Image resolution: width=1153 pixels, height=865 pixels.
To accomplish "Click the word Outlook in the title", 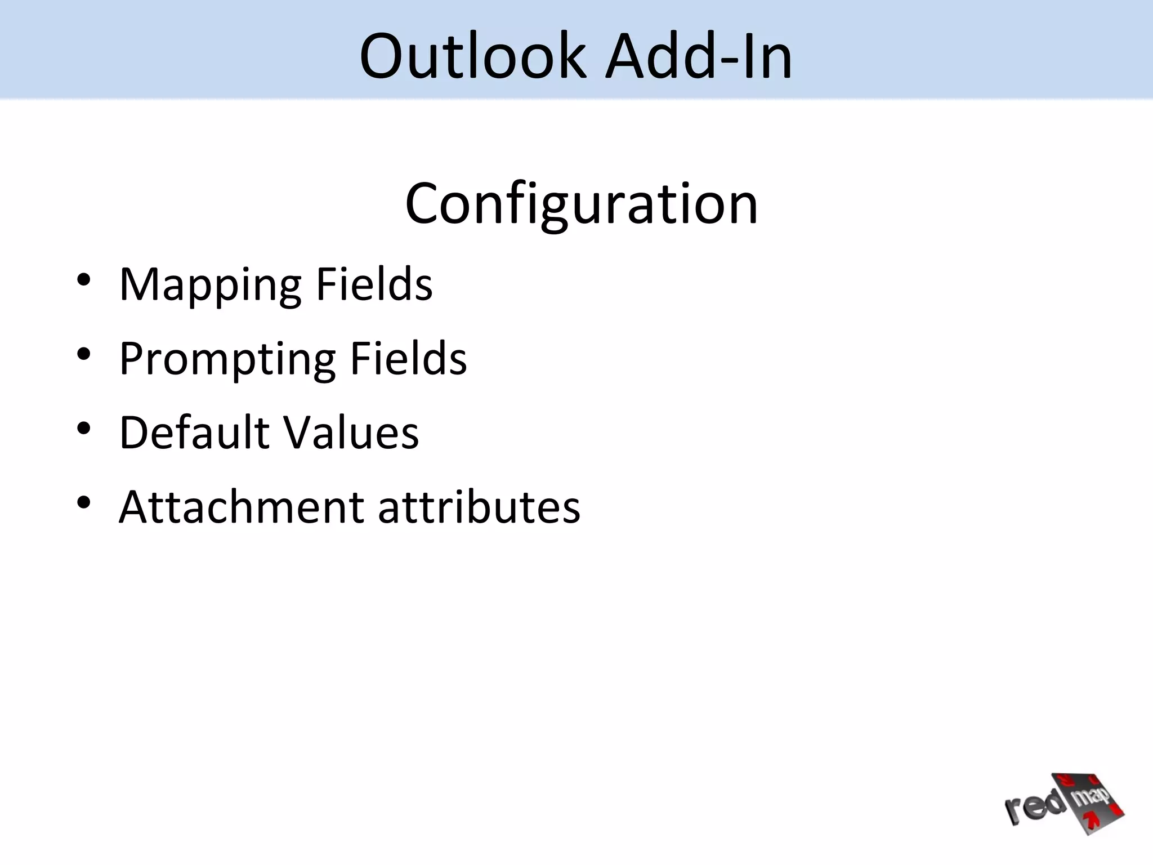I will pos(473,56).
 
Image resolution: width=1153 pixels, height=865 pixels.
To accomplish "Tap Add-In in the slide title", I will pos(698,56).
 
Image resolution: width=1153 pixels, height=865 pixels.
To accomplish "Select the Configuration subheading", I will pos(581,204).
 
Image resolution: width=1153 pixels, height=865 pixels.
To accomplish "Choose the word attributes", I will pos(479,506).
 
